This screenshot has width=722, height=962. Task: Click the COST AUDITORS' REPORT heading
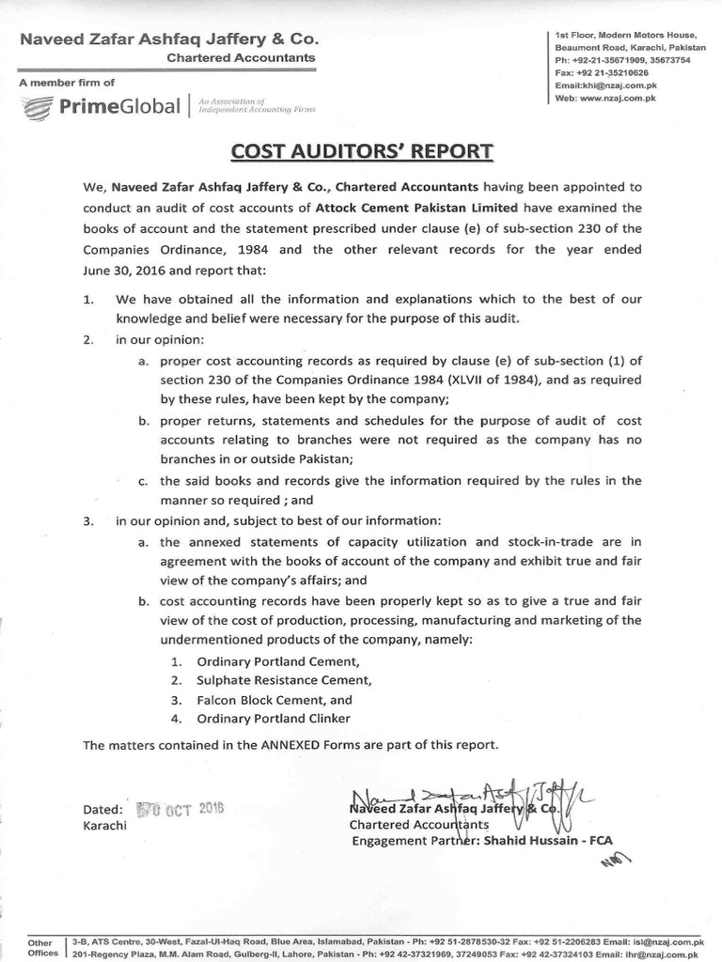(361, 151)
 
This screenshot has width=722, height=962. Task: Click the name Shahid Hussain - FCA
(555, 841)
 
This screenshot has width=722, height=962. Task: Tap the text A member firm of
(67, 83)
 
